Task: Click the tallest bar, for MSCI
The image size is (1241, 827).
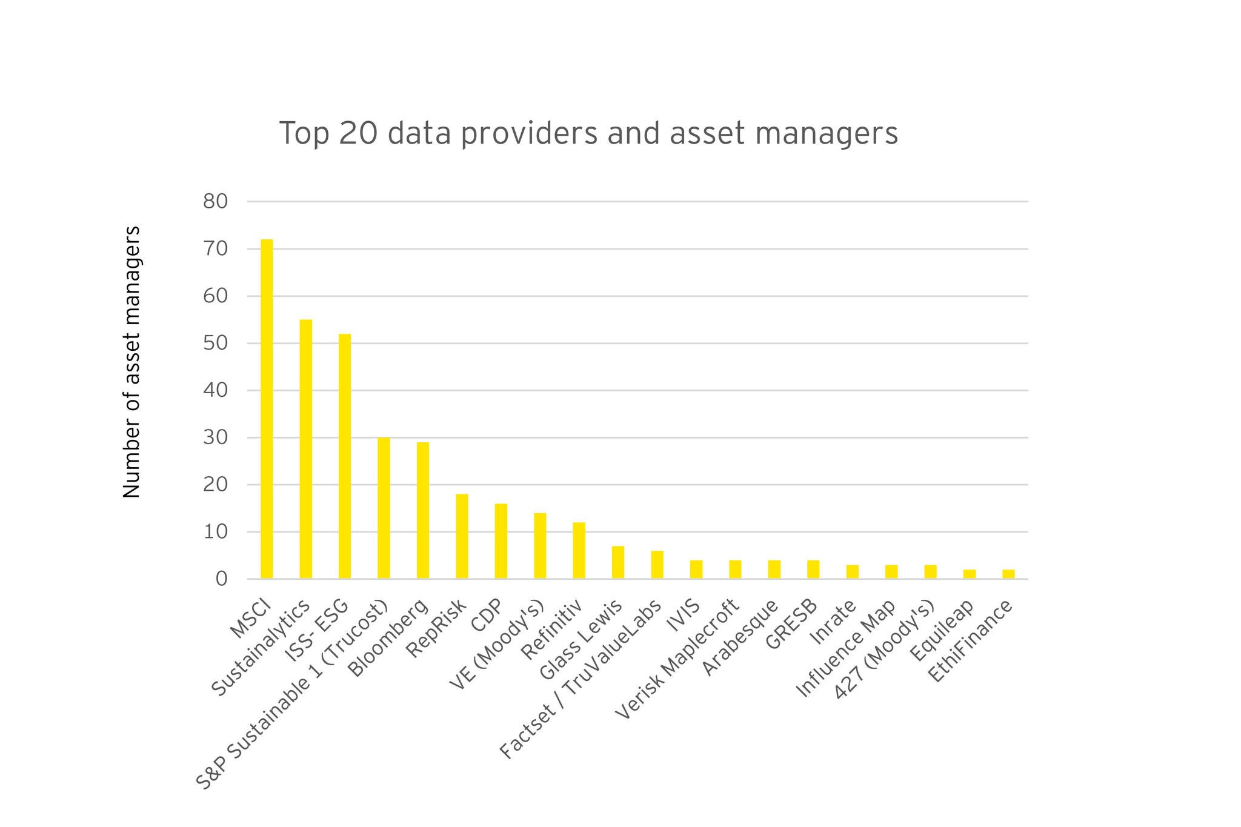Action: tap(267, 409)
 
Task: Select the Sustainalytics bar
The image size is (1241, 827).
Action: tap(305, 449)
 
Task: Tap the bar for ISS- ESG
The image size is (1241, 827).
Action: tap(345, 456)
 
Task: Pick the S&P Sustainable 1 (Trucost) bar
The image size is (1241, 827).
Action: tap(384, 508)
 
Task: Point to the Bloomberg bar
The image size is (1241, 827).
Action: tap(423, 510)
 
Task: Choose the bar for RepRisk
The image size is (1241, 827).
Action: tap(462, 536)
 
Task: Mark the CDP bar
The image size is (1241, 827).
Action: tap(501, 541)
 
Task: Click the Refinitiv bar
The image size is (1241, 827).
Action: tap(579, 550)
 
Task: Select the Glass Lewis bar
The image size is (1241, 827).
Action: tap(617, 562)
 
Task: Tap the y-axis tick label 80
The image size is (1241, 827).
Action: tap(215, 201)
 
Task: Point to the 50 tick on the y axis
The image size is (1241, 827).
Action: tap(215, 344)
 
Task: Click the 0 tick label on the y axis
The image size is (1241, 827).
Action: tap(221, 579)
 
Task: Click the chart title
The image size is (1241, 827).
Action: tap(588, 133)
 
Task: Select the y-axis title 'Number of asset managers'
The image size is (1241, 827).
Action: tap(131, 362)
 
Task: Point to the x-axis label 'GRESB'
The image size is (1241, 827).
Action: tap(793, 625)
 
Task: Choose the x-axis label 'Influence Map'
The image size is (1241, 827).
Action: tap(846, 649)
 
